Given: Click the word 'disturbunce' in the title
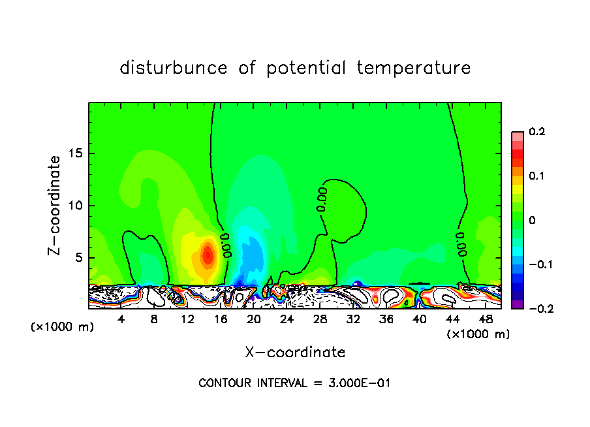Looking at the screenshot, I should click(x=174, y=68).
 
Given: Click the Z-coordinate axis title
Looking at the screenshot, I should click(x=56, y=205).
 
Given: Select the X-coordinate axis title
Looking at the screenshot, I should click(x=295, y=353).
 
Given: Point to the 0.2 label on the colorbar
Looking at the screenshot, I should click(x=536, y=132).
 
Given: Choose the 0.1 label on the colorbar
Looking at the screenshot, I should click(x=536, y=176).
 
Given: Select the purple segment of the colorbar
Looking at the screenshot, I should click(x=518, y=304).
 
